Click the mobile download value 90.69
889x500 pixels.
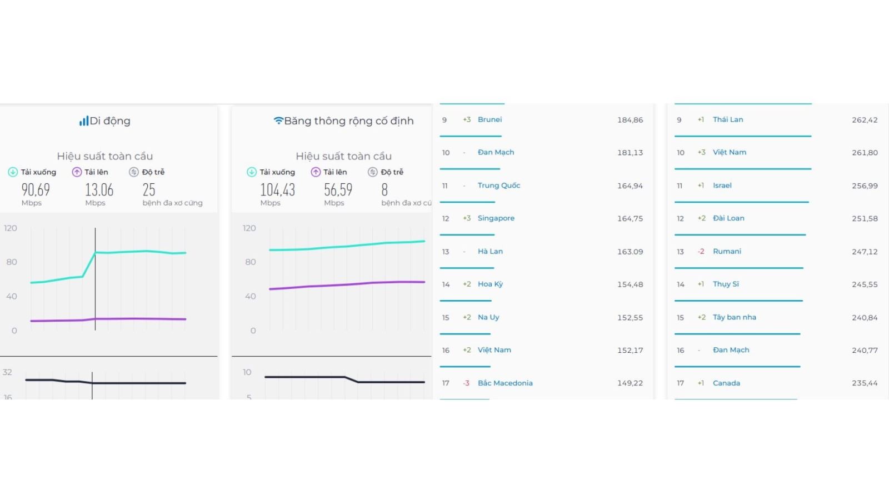[36, 190]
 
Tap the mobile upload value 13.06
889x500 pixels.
[99, 190]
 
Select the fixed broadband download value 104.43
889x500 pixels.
[277, 190]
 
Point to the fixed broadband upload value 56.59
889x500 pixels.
[338, 190]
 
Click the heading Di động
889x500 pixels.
[110, 121]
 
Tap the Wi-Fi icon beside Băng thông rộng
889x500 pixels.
[278, 121]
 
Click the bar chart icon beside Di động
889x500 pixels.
[83, 121]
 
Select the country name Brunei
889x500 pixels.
[490, 119]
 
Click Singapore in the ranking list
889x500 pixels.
[496, 218]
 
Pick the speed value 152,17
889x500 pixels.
[630, 350]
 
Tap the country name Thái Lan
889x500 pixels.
[728, 119]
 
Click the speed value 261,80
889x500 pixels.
[865, 152]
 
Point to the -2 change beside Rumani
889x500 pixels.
[701, 251]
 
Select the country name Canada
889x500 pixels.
[726, 383]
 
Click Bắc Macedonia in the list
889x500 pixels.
[505, 383]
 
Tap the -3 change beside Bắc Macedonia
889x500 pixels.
[466, 383]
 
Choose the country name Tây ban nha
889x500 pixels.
[734, 317]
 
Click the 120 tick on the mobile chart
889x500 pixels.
[11, 228]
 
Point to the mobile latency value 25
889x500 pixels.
[149, 190]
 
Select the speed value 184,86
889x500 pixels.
[630, 119]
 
